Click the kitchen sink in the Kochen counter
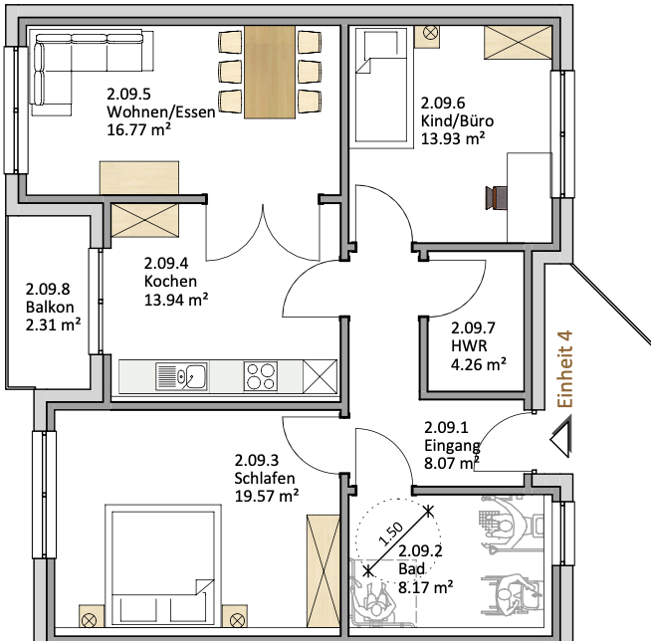181,376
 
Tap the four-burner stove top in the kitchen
261,376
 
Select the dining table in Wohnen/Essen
270,72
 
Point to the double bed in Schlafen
163,565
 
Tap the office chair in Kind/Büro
497,198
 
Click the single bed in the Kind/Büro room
381,86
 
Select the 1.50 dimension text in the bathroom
390,534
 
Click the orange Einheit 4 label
565,368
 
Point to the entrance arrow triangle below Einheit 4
561,438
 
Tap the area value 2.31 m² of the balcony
53,324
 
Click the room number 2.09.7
473,328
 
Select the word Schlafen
265,478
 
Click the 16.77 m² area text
138,130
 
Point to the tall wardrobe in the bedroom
323,571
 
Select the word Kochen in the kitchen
170,282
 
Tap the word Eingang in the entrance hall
452,446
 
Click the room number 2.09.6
443,103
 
